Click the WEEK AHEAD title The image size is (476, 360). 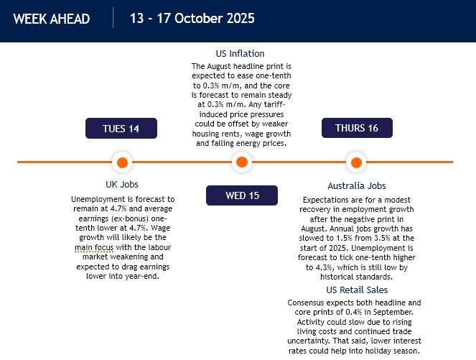point(52,19)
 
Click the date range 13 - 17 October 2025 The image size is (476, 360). point(192,18)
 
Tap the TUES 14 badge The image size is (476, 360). point(121,129)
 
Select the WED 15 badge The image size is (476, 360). point(242,195)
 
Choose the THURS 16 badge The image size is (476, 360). point(356,128)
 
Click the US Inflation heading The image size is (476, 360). point(241,53)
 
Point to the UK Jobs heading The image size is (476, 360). point(121,185)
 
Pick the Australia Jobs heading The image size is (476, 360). point(356,186)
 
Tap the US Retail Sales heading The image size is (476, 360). point(357,290)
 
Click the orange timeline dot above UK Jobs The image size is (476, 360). point(121,162)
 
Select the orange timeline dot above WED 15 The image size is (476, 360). point(241,162)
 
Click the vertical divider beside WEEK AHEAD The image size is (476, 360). point(113,18)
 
